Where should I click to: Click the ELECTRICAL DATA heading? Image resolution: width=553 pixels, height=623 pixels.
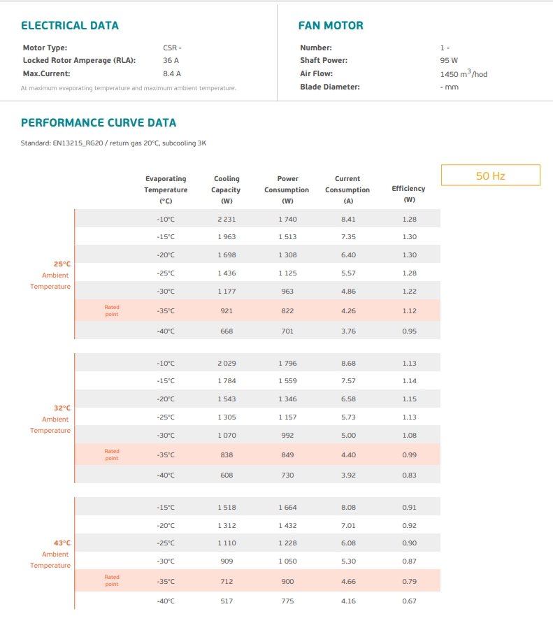click(70, 26)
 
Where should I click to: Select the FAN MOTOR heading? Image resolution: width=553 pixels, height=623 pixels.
click(331, 26)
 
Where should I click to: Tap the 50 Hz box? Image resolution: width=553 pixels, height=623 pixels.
click(491, 176)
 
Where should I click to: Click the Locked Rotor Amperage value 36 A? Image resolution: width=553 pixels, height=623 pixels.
click(171, 60)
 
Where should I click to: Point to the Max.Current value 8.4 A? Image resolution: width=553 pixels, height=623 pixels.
click(171, 73)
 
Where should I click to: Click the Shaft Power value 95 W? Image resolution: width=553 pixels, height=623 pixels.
click(449, 60)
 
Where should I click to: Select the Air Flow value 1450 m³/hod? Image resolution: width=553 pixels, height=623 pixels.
click(464, 73)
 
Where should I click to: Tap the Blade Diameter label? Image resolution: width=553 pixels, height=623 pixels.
click(330, 87)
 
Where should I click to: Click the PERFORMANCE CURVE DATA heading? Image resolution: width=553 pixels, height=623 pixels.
click(99, 123)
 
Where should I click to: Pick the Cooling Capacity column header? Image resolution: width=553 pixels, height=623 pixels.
click(226, 189)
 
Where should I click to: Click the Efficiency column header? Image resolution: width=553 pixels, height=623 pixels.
click(409, 194)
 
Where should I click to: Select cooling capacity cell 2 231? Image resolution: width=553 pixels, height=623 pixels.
click(227, 220)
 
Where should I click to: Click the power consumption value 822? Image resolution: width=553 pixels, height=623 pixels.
click(287, 310)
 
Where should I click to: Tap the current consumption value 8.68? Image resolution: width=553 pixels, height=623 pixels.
click(348, 363)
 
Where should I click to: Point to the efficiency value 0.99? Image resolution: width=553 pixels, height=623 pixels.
click(409, 455)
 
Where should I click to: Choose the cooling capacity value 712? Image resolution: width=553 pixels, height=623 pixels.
click(227, 581)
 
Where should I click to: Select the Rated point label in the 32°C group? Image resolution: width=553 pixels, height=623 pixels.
click(112, 454)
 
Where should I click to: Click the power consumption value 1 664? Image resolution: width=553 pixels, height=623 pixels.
click(287, 508)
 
